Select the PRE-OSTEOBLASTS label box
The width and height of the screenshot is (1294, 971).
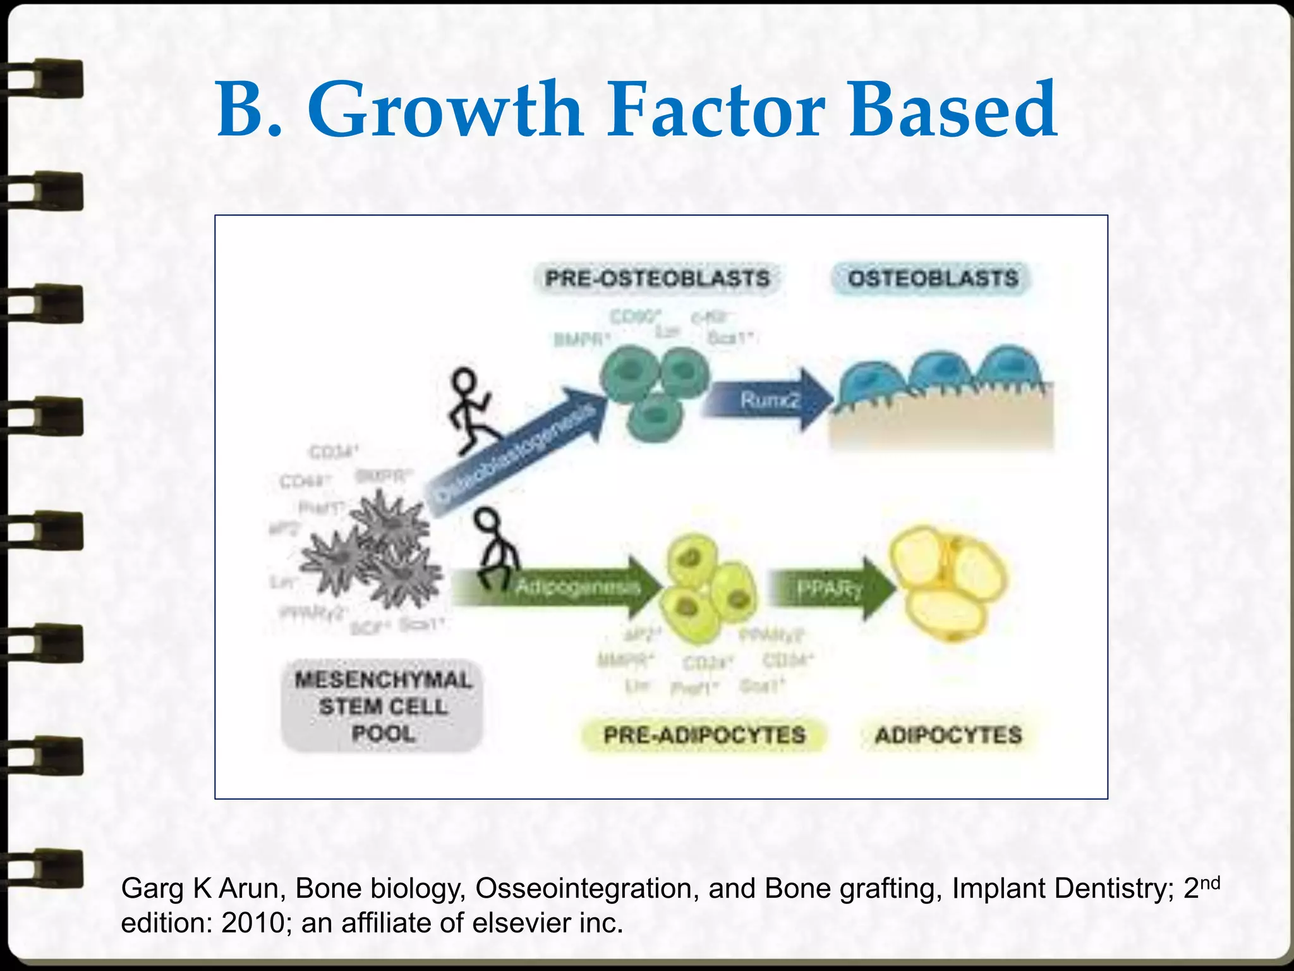657,279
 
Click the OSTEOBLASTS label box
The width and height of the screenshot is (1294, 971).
933,279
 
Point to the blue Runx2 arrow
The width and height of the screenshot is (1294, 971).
768,400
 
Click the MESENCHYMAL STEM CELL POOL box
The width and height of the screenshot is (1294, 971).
383,706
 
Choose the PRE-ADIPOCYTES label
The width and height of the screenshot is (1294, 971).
704,735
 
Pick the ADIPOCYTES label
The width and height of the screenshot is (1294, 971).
948,735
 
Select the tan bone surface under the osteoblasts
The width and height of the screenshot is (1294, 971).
941,424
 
